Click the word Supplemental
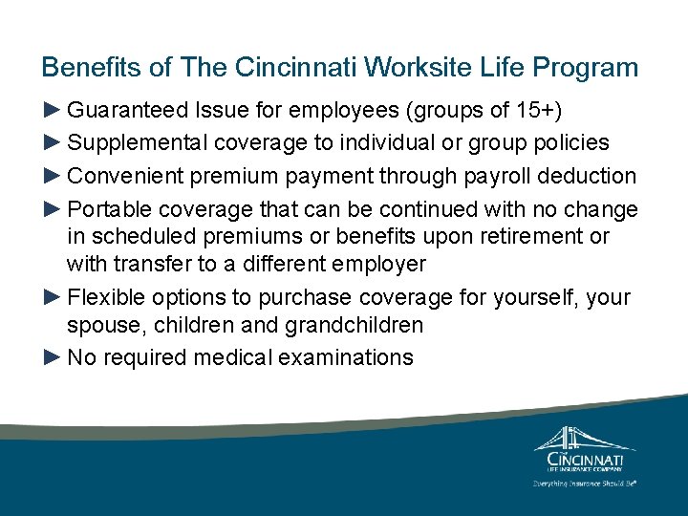(x=140, y=142)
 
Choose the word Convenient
(x=127, y=176)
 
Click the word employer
(x=394, y=263)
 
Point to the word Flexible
(x=110, y=297)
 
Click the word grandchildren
(x=354, y=325)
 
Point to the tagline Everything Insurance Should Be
(x=584, y=483)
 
